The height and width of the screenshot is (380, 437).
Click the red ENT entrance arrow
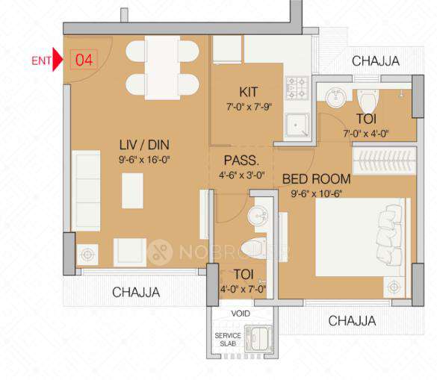[x=58, y=60]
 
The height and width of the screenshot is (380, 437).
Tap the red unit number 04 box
[x=84, y=60]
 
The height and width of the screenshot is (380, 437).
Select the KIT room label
[x=248, y=92]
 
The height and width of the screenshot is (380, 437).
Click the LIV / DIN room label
[x=142, y=144]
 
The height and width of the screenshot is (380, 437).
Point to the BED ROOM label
[x=316, y=179]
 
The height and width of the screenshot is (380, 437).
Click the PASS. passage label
[x=241, y=161]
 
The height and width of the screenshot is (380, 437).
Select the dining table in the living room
[x=162, y=67]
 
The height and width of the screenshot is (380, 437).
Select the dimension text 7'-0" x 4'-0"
[x=366, y=134]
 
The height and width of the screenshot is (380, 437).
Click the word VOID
[x=241, y=314]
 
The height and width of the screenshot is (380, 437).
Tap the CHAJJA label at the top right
[x=375, y=60]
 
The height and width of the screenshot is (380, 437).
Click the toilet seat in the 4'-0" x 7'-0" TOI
[x=255, y=248]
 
